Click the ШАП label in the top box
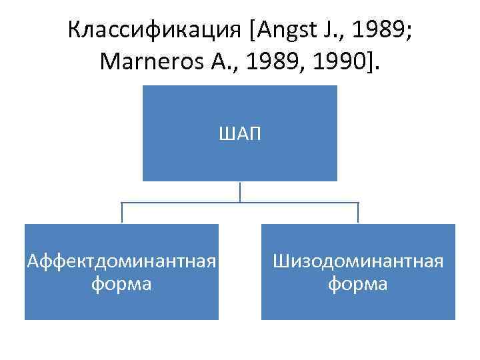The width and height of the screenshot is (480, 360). (x=240, y=135)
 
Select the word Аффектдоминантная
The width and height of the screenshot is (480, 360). (x=122, y=261)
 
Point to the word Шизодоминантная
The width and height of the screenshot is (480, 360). (x=357, y=261)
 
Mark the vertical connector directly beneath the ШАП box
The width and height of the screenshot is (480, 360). (x=240, y=191)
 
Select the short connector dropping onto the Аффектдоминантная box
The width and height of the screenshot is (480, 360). (x=122, y=213)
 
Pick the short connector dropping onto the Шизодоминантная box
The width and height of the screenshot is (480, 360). (x=358, y=213)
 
